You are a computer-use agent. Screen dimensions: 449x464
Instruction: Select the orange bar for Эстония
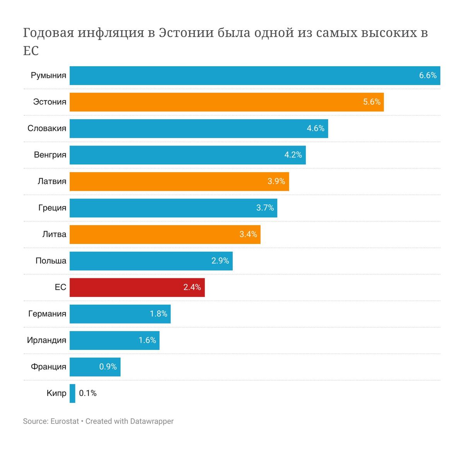[217, 102]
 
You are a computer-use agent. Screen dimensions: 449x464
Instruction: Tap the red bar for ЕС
[128, 287]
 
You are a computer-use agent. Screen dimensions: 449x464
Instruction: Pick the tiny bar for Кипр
[72, 393]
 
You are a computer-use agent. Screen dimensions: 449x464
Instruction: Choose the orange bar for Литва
[155, 234]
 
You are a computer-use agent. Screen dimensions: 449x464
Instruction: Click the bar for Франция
[85, 367]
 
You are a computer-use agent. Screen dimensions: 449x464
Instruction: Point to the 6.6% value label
[428, 75]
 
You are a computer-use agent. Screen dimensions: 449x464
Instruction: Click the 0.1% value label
[88, 393]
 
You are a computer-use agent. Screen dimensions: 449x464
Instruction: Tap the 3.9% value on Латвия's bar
[276, 181]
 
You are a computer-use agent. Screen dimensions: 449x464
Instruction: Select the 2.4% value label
[192, 287]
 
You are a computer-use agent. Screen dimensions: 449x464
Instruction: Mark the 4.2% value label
[293, 155]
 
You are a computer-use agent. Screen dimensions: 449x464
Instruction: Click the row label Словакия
[47, 129]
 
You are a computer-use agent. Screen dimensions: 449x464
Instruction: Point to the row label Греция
[52, 208]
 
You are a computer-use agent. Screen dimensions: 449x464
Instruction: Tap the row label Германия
[47, 314]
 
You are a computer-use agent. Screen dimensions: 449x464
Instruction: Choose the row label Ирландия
[46, 340]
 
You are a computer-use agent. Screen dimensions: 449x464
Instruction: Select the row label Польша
[51, 261]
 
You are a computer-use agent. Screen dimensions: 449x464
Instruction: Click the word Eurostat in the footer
[65, 421]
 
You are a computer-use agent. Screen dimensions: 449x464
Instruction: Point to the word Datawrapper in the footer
[152, 421]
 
